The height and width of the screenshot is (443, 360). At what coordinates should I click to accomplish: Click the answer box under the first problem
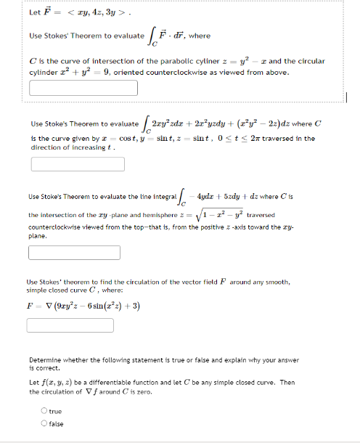pyautogui.click(x=83, y=88)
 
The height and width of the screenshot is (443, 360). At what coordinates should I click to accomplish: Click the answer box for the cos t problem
pyautogui.click(x=83, y=164)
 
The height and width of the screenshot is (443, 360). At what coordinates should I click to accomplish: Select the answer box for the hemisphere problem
pyautogui.click(x=83, y=253)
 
